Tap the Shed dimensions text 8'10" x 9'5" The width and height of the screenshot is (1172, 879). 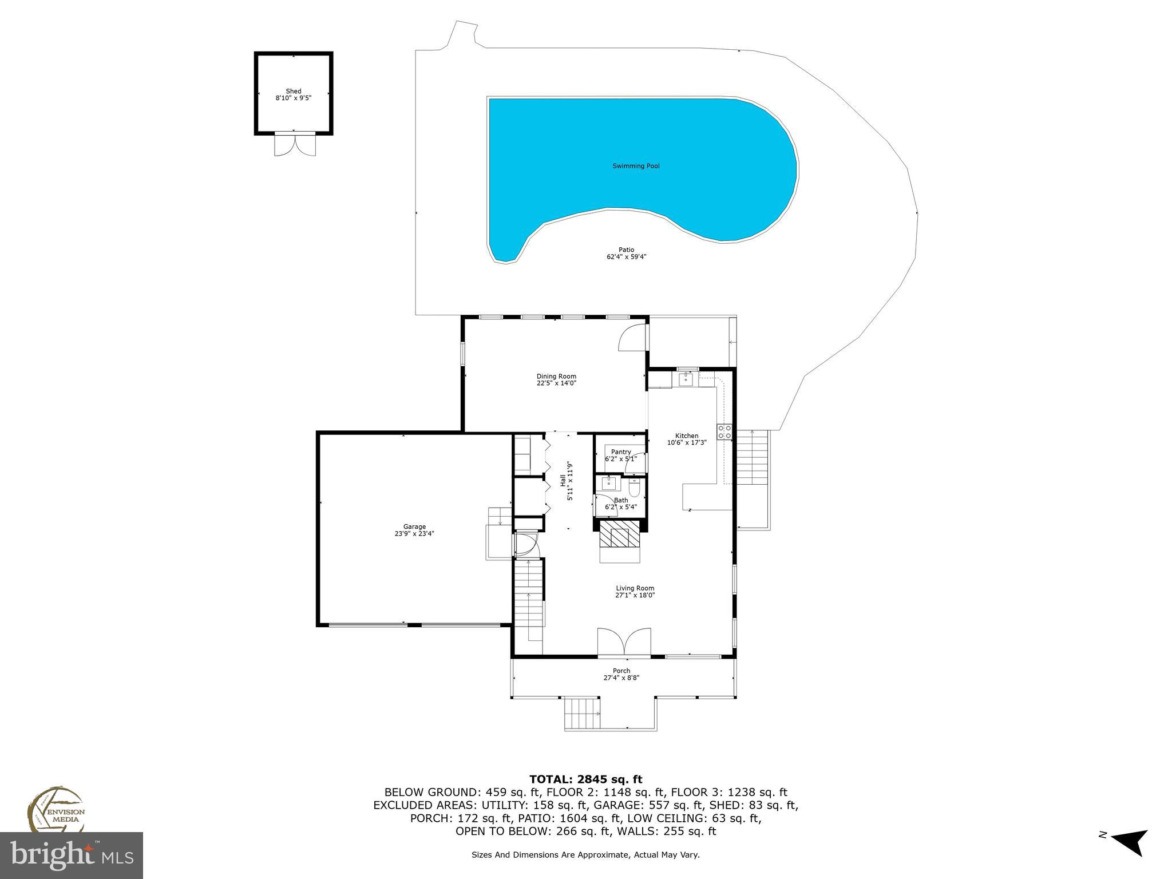(x=293, y=98)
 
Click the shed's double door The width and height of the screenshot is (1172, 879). (x=295, y=144)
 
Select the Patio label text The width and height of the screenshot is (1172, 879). (x=626, y=250)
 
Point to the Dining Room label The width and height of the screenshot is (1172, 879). (x=556, y=376)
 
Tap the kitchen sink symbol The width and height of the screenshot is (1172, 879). (x=686, y=379)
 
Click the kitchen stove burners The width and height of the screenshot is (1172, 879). (x=724, y=431)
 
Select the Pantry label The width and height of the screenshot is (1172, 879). (x=620, y=452)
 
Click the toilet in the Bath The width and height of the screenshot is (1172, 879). (x=635, y=488)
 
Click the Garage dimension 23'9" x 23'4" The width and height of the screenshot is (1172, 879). (x=414, y=533)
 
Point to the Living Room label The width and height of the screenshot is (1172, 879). (x=635, y=588)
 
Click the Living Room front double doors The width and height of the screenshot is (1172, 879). (x=624, y=641)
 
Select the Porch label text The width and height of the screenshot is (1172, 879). (x=621, y=671)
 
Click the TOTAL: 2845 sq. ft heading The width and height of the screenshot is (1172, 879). (x=585, y=779)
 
